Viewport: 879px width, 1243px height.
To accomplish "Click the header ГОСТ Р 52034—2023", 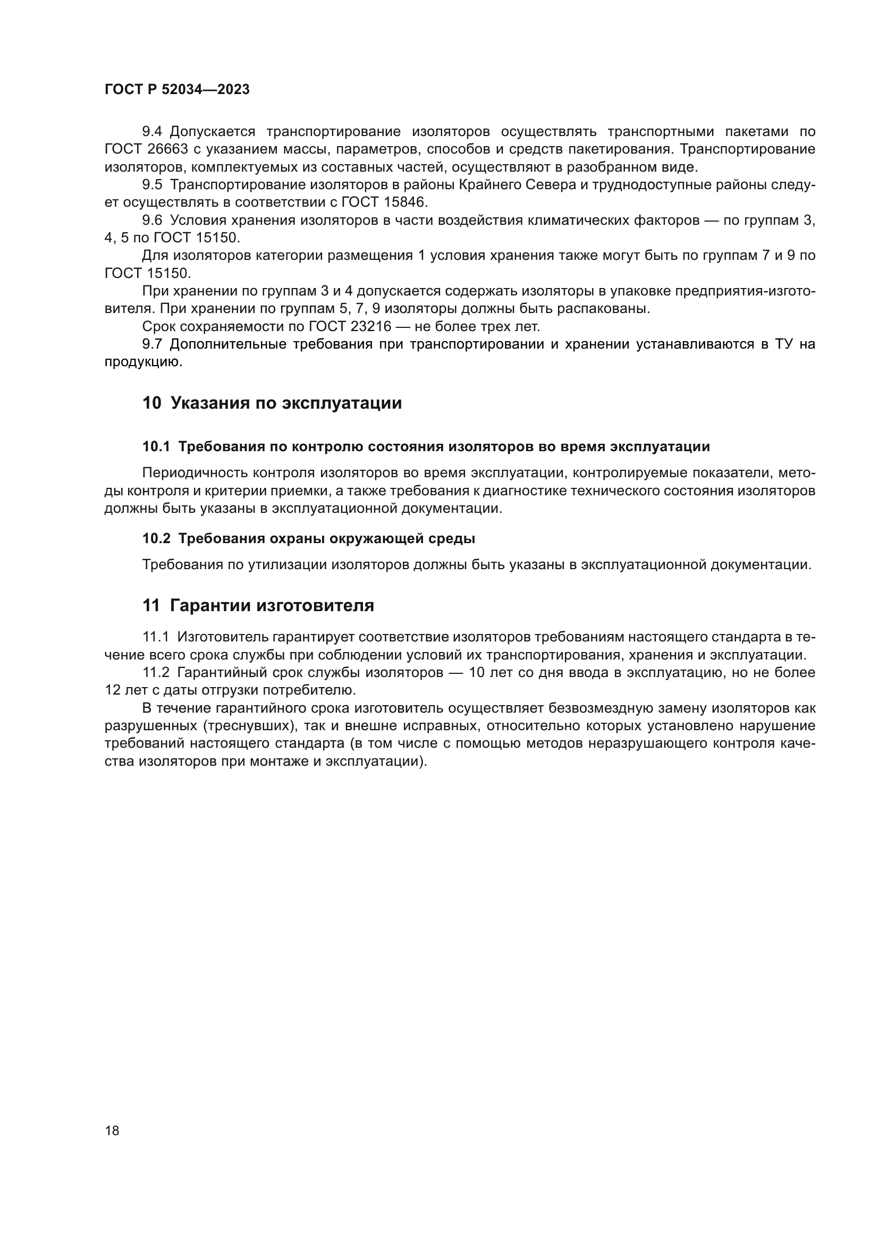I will coord(177,90).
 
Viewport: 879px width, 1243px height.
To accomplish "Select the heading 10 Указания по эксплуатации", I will coord(272,403).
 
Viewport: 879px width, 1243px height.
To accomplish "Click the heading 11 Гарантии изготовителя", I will coord(258,605).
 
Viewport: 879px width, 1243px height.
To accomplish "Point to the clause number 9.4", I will coord(152,132).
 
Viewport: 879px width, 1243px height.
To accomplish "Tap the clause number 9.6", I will coord(152,221).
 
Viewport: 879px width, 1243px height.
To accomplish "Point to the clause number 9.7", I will coord(152,344).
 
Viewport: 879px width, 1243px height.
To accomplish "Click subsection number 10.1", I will coord(156,446).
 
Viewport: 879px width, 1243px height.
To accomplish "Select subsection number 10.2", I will coord(156,539).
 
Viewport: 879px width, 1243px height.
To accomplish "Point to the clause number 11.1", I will coord(155,637).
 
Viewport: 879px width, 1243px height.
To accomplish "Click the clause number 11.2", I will coord(156,673).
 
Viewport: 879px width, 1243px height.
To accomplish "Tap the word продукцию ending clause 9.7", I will coord(142,362).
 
